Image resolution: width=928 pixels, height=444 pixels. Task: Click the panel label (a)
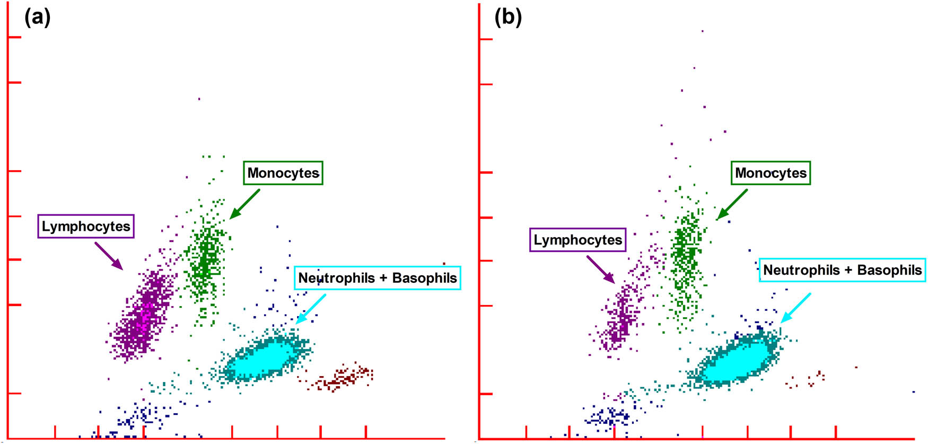tap(38, 18)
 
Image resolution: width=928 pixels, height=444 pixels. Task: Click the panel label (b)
tap(508, 18)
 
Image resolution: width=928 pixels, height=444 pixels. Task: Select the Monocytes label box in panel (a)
tap(283, 173)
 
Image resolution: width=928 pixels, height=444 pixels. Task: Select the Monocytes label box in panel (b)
tap(771, 173)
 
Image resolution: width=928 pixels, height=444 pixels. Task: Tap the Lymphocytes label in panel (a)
tap(86, 227)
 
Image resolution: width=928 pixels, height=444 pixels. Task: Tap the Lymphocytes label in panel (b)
tap(577, 240)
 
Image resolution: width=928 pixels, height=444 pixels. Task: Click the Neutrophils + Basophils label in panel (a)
tap(377, 278)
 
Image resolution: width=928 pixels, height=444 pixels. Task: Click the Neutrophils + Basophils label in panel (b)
tap(842, 270)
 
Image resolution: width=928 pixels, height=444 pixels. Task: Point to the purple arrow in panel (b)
tap(601, 269)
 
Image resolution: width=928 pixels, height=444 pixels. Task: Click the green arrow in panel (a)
tap(245, 204)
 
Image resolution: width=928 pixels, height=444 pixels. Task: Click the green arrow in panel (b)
tap(732, 204)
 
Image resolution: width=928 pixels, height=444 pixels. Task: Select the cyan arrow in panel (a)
tap(311, 309)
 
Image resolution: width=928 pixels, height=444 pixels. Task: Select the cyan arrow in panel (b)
tap(796, 308)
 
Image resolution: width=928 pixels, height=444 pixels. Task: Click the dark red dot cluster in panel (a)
tap(342, 378)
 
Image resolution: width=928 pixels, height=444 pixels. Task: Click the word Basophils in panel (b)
tap(889, 270)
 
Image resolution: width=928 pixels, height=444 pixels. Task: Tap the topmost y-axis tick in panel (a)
tap(14, 37)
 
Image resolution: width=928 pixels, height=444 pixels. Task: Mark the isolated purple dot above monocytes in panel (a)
tap(199, 99)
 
